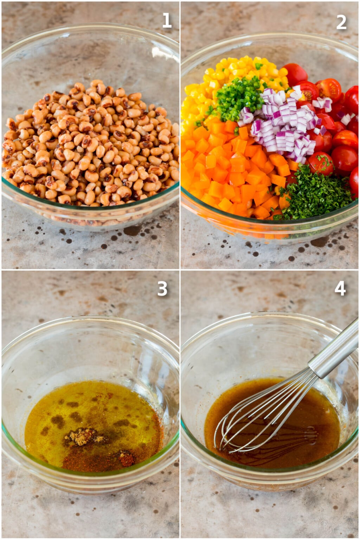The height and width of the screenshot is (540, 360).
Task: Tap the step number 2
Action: [x=341, y=22]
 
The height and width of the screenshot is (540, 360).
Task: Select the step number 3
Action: [x=162, y=289]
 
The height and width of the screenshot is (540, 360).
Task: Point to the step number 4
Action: [x=340, y=288]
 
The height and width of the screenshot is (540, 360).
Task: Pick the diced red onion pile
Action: [x=281, y=127]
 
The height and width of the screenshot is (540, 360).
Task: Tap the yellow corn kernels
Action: [x=225, y=77]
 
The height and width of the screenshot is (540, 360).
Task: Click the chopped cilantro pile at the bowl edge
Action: [x=313, y=193]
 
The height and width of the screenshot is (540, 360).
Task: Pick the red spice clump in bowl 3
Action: [x=127, y=458]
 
